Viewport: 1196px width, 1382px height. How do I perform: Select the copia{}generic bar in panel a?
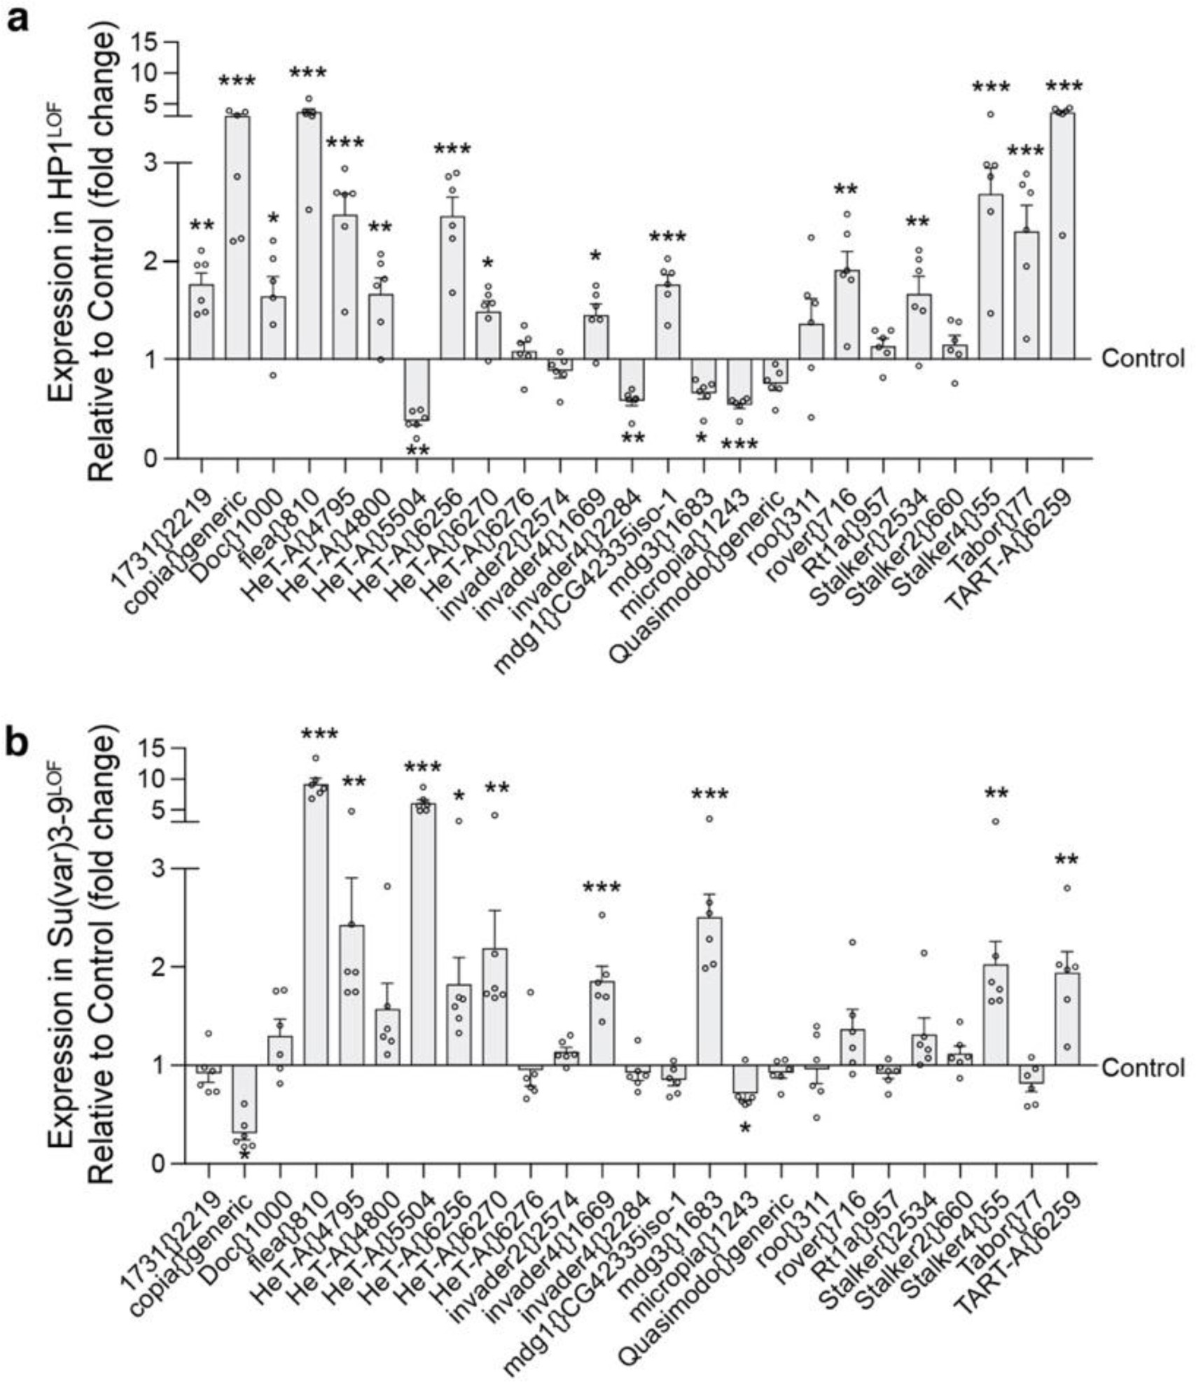(237, 238)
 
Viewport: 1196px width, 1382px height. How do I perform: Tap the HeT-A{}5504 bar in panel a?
(417, 390)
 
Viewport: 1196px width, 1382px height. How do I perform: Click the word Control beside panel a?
(1143, 359)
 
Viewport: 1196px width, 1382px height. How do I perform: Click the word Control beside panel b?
(1143, 1068)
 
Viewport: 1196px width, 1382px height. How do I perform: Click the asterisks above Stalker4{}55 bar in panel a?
(990, 88)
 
